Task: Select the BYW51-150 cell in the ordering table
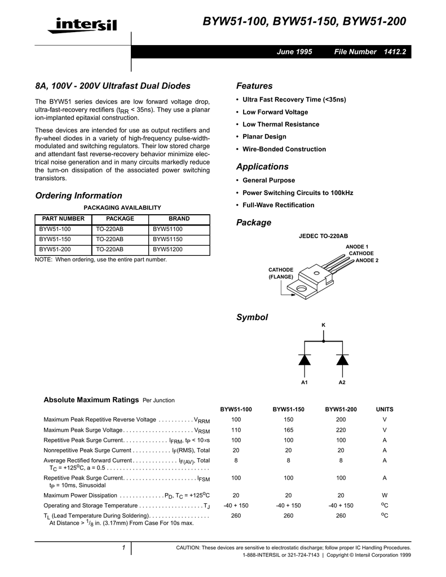(55, 239)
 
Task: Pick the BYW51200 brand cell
(168, 248)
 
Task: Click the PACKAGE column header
(120, 219)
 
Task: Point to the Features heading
(254, 86)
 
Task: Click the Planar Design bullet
(264, 137)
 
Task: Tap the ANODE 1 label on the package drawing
(357, 247)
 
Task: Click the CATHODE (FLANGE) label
(281, 273)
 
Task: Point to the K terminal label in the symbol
(324, 326)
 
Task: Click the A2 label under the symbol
(342, 383)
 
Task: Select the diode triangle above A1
(304, 359)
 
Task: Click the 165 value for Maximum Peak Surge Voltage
(289, 430)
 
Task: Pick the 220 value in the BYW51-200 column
(341, 430)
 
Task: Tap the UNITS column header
(385, 409)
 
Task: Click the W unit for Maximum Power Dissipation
(385, 496)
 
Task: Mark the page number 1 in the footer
(123, 548)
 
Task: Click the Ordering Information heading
(78, 196)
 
